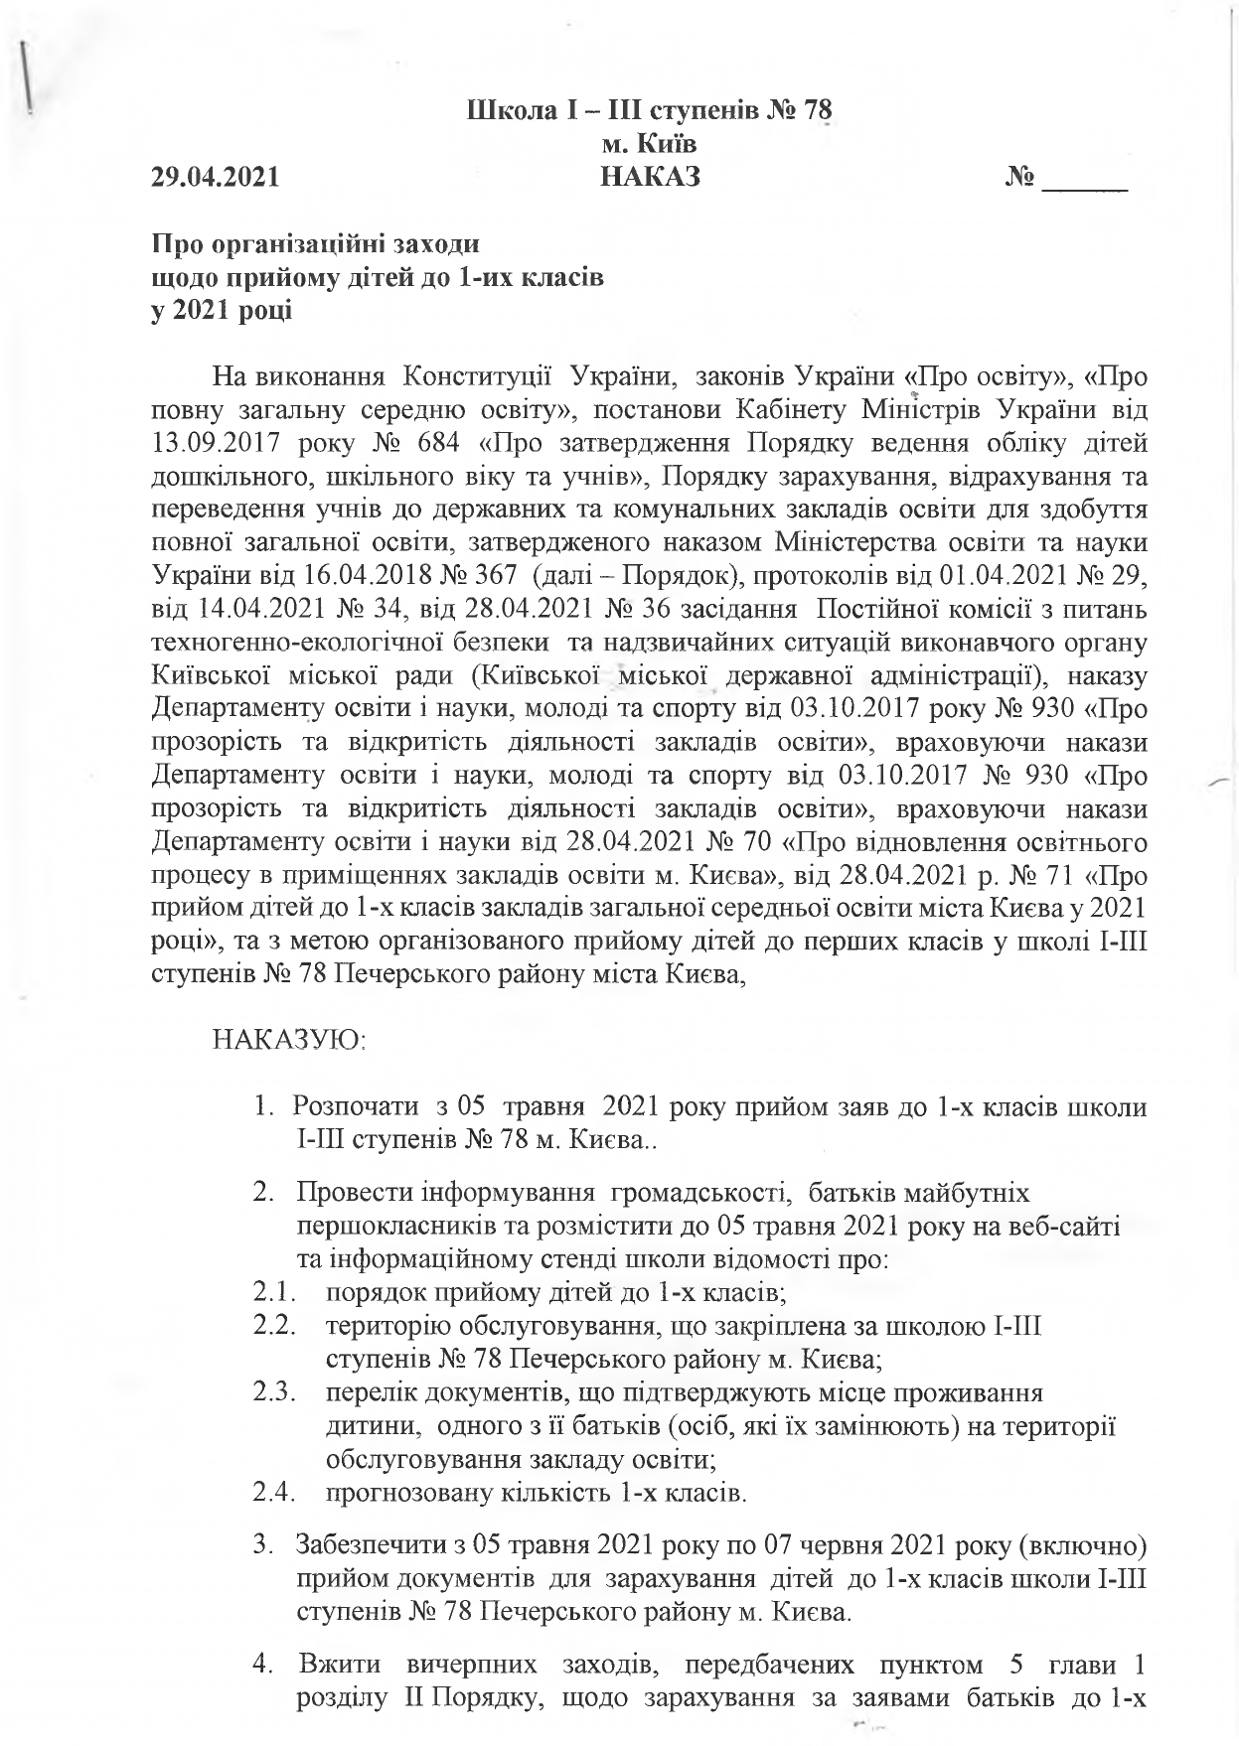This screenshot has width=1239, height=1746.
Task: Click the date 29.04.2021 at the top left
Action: (214, 178)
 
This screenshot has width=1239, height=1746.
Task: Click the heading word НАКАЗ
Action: (651, 178)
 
